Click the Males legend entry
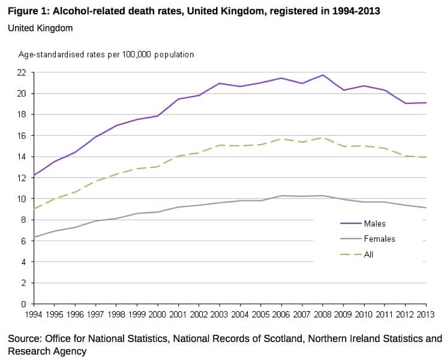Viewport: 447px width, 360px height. coord(374,224)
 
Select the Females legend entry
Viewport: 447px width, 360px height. coord(379,239)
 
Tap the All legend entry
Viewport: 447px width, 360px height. coord(368,254)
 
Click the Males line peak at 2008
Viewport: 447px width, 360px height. coord(323,75)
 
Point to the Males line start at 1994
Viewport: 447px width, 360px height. coord(34,175)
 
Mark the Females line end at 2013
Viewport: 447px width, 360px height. coord(427,208)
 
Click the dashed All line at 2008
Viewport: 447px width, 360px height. coord(323,138)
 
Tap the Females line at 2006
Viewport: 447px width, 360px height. coord(282,196)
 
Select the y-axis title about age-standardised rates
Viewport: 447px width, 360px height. coord(106,55)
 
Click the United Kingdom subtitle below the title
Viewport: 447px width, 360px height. coord(40,28)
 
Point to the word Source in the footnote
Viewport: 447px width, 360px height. coord(25,339)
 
